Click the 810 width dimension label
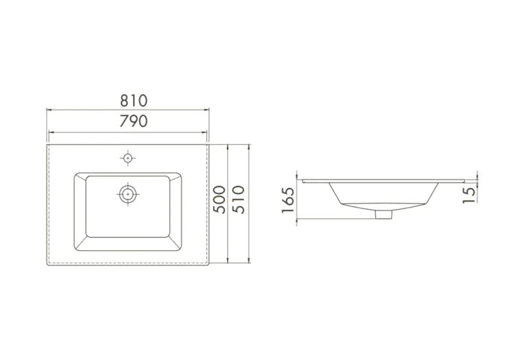point(134,100)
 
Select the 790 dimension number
point(134,121)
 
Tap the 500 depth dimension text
point(219,200)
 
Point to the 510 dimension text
point(239,200)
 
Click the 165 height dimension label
point(288,200)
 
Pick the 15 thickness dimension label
point(468,195)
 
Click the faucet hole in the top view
point(128,158)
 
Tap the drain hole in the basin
point(128,194)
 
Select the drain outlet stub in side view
point(383,214)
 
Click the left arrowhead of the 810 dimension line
point(49,110)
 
